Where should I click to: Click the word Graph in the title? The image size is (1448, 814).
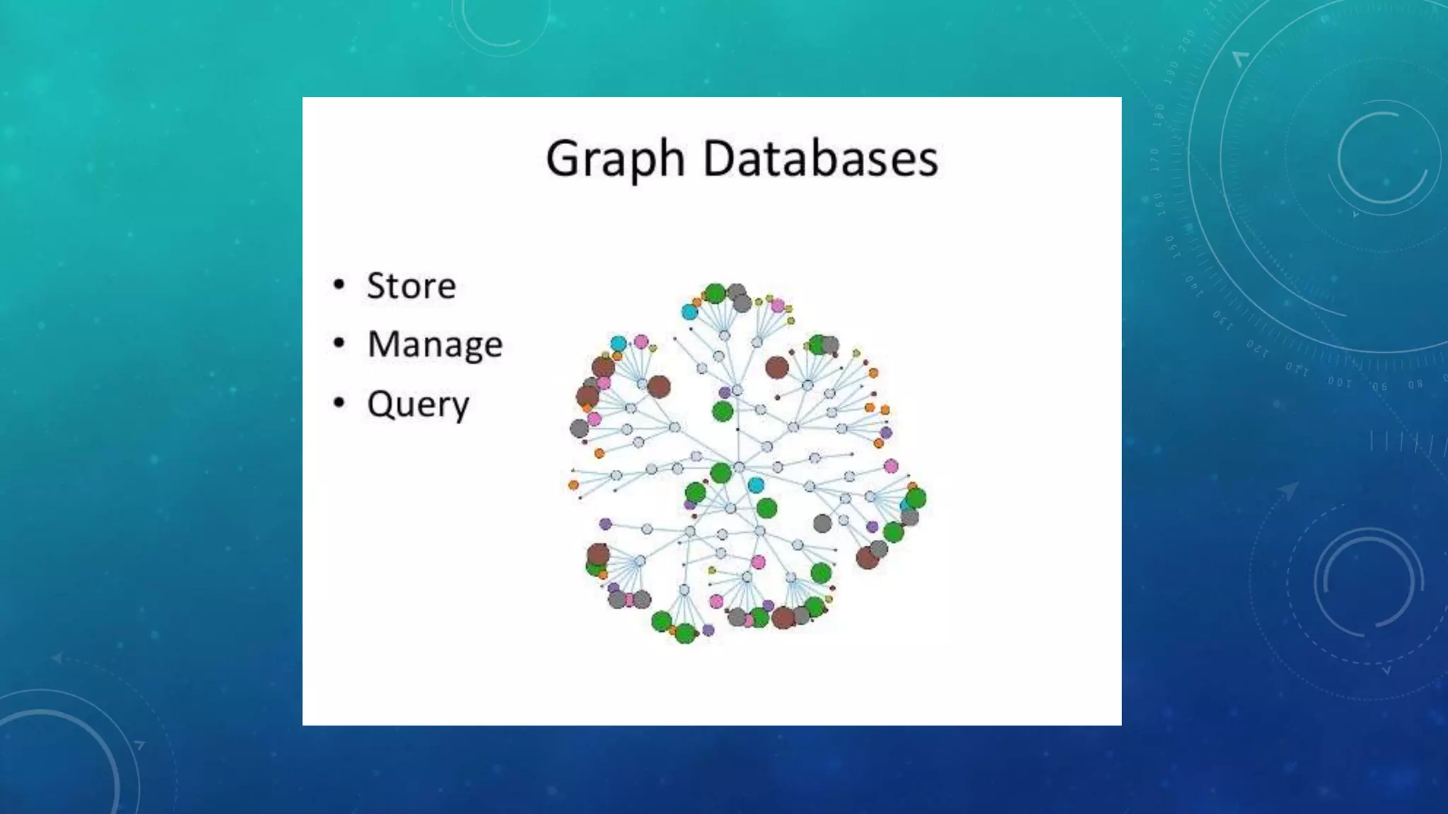tap(614, 158)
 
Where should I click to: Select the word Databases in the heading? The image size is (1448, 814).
tap(820, 158)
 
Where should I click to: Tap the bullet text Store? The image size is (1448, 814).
tap(411, 286)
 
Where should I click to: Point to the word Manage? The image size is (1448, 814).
tap(435, 345)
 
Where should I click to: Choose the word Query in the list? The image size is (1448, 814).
tap(418, 404)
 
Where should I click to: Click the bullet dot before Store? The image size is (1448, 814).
tap(339, 285)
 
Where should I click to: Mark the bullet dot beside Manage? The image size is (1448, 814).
tap(339, 343)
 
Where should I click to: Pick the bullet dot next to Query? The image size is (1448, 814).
tap(339, 403)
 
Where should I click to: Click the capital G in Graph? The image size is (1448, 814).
tap(563, 158)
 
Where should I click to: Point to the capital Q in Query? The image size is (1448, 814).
tap(381, 403)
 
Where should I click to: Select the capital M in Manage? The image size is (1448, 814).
tap(385, 344)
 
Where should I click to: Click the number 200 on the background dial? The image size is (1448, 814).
tap(1187, 40)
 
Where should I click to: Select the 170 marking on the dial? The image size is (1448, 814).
tap(1155, 160)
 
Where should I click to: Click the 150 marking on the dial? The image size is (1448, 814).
tap(1171, 247)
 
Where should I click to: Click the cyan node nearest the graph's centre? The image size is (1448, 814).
tap(756, 485)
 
